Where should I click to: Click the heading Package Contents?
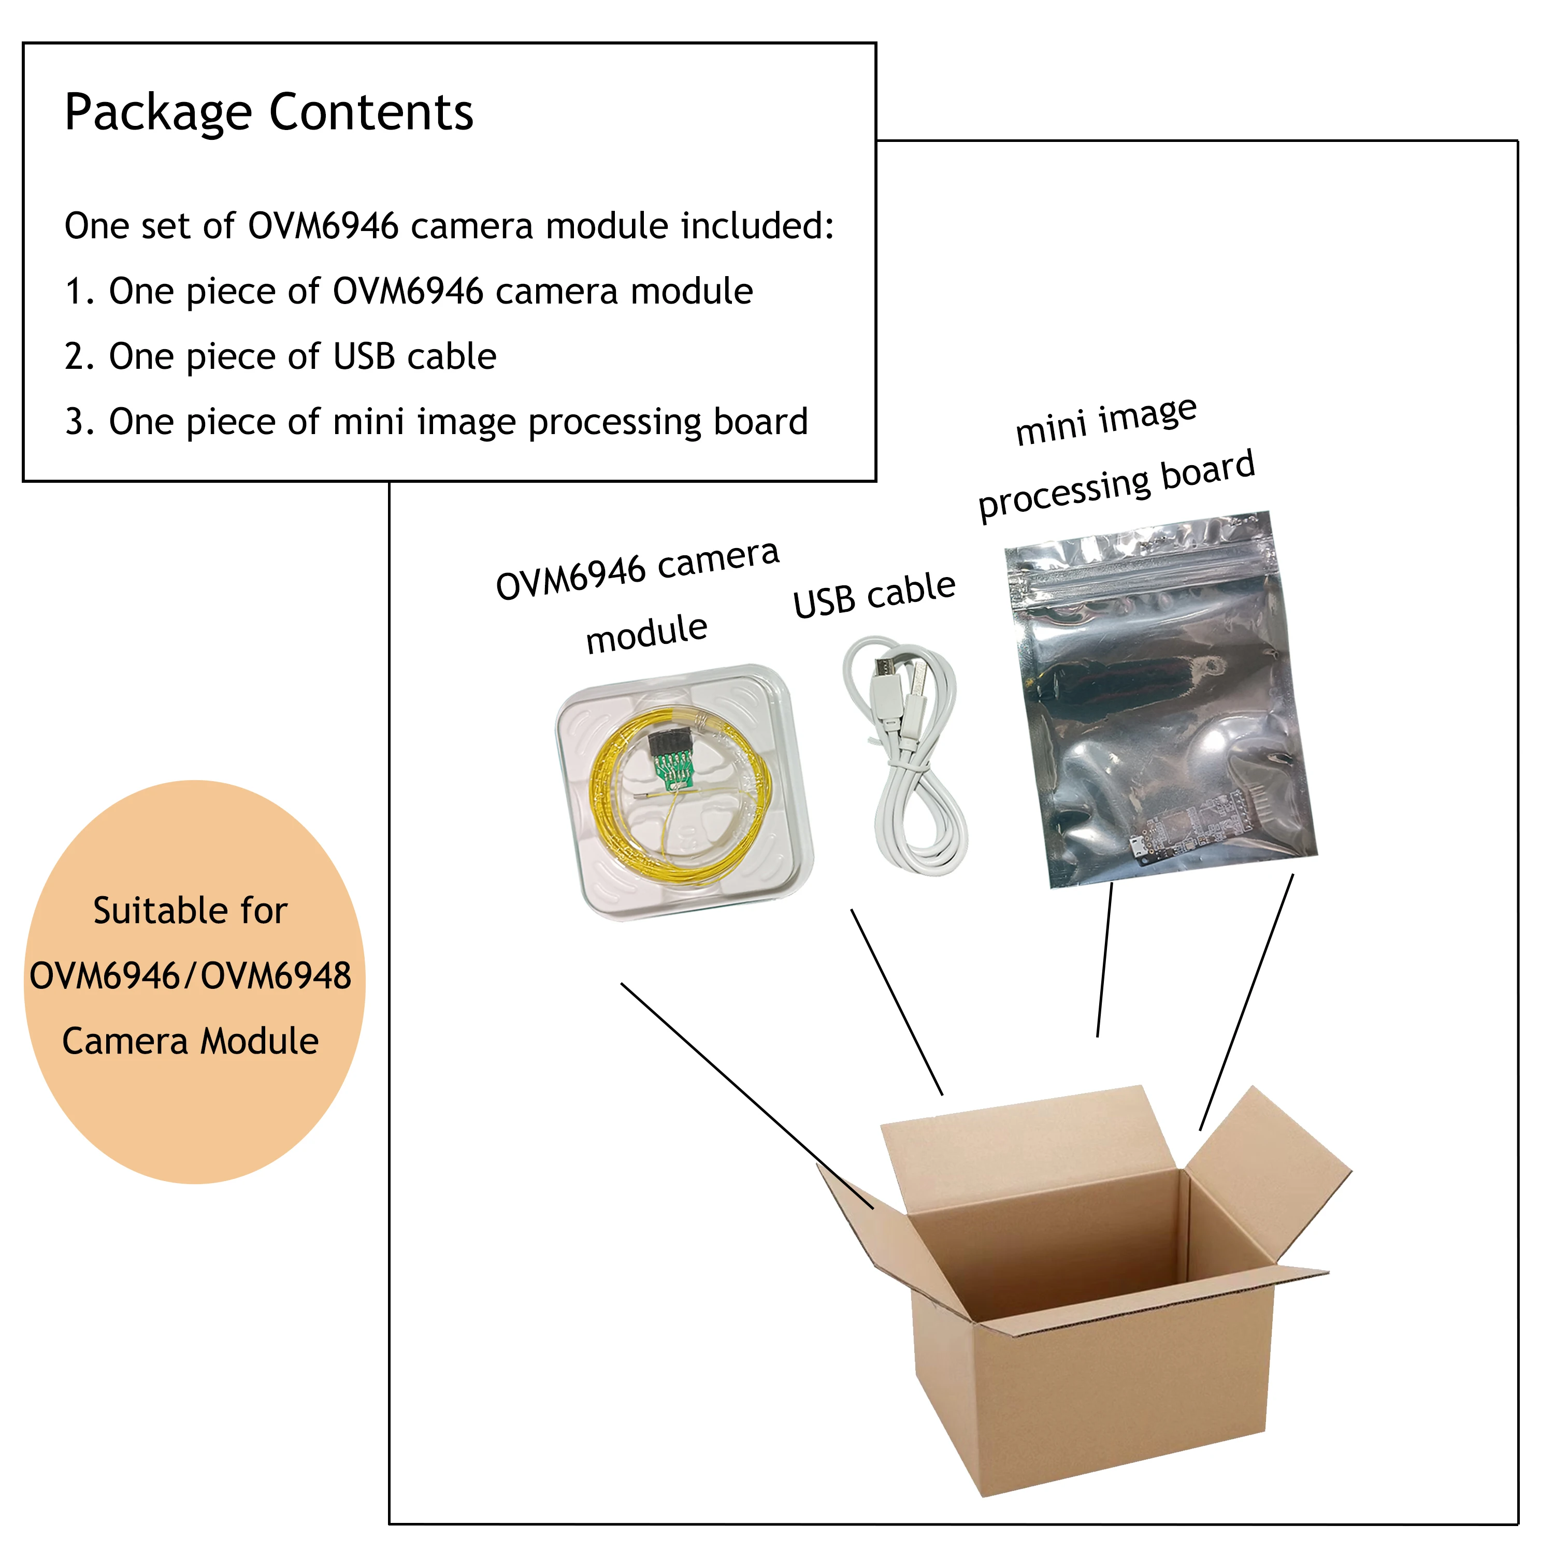269,112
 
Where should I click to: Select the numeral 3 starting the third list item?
74,422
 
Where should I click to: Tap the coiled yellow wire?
611,828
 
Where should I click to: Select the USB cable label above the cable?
874,595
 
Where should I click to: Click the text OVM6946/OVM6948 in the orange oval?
191,976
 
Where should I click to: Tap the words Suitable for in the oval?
191,911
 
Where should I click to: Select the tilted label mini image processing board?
1114,458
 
